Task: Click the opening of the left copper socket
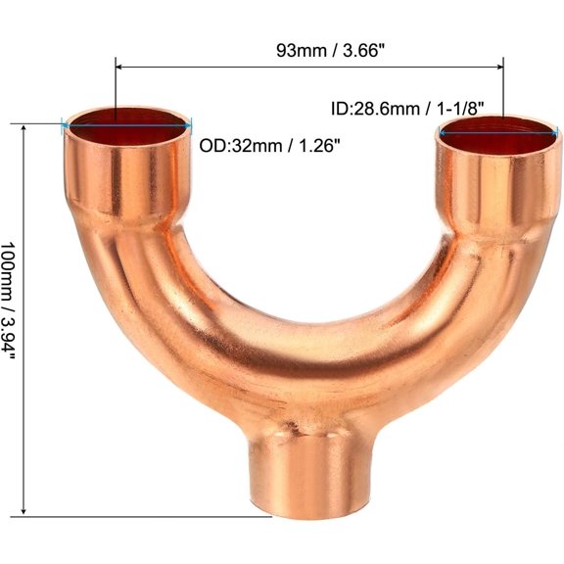(x=127, y=121)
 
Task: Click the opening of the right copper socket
(x=500, y=134)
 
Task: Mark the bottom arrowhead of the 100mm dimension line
(x=23, y=512)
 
